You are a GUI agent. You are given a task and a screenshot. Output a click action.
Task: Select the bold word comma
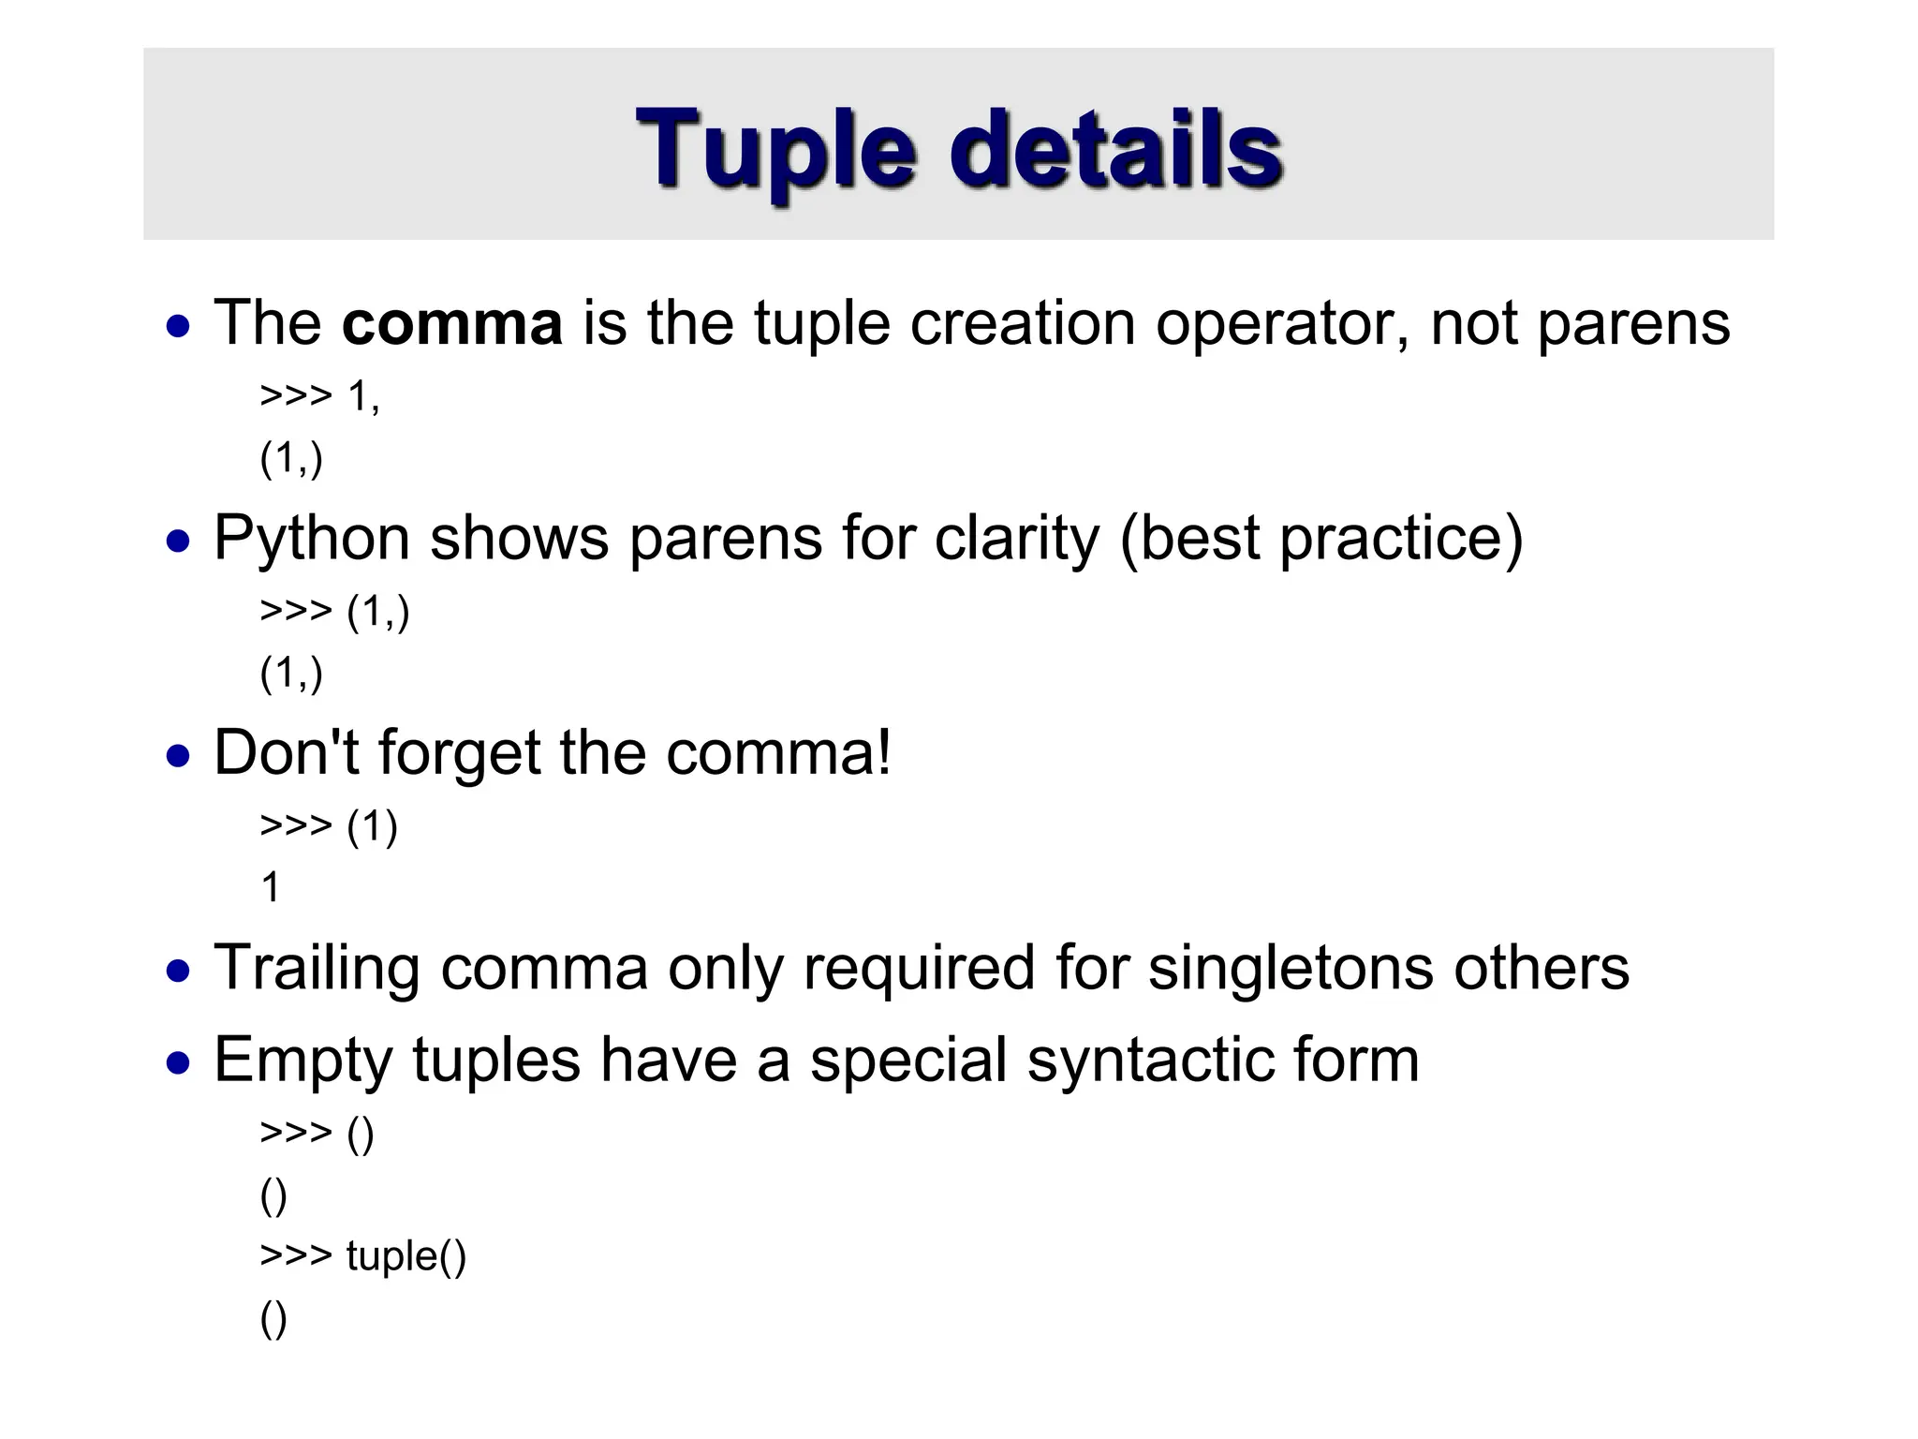[451, 323]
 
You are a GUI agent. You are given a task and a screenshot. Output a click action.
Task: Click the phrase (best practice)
[1320, 541]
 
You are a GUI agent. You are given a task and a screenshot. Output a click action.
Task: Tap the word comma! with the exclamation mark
[778, 753]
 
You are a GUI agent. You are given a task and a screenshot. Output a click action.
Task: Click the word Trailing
[317, 970]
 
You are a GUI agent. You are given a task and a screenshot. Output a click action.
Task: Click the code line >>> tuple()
[362, 1256]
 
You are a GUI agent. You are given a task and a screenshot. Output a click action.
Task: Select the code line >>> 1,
[319, 396]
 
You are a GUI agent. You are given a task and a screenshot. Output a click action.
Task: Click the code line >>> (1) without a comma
[329, 826]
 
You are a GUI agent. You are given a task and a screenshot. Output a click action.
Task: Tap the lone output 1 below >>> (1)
[271, 887]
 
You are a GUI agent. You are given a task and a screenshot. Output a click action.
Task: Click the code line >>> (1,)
[334, 612]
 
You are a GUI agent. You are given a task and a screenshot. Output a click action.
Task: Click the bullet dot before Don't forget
[178, 756]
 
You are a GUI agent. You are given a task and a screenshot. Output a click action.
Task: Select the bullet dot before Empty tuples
[178, 1064]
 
